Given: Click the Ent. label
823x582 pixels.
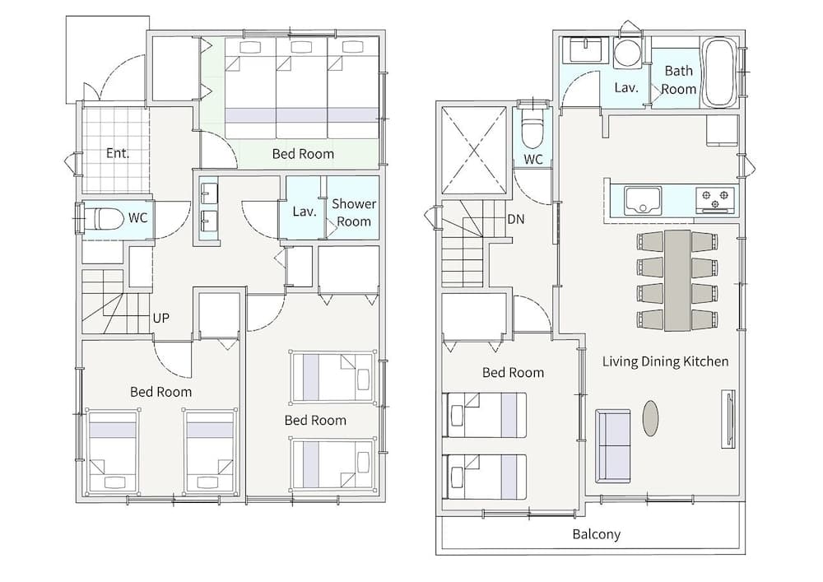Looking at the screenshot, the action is (117, 153).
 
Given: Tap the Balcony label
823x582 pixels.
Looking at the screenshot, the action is (596, 534).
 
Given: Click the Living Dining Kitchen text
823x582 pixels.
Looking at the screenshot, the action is (665, 361).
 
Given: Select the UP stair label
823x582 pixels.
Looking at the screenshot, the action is (160, 318).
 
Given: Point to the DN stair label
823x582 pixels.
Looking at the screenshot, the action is (515, 219).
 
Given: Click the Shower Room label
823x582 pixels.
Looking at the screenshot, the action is (354, 212).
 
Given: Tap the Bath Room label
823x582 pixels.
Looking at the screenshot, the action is (679, 80).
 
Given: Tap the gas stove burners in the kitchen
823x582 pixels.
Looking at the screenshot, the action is (715, 200).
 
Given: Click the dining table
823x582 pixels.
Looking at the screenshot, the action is (677, 280).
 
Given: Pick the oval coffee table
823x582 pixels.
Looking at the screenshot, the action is (650, 418).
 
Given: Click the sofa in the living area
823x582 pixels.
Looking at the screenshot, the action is (612, 446).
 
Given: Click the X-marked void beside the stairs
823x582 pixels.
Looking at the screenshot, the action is (474, 150).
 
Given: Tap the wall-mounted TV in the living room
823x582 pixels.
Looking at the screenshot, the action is (728, 418).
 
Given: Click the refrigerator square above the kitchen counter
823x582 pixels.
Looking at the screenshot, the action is (723, 130).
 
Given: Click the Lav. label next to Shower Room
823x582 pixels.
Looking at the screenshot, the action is (305, 212).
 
